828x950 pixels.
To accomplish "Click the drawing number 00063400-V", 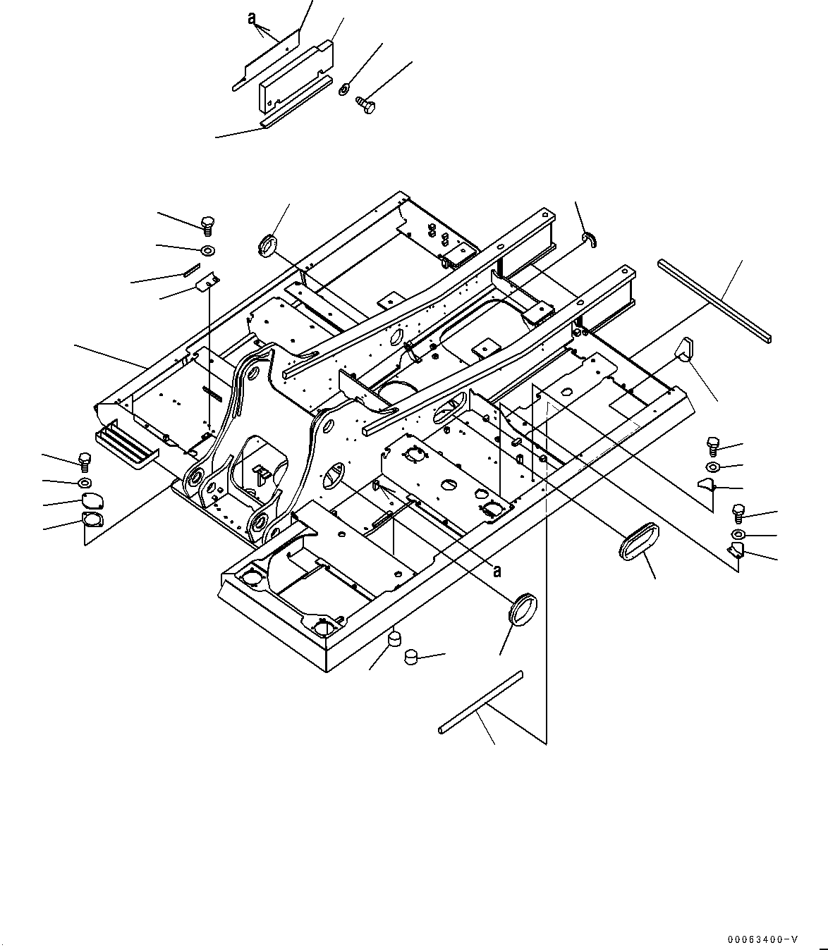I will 763,939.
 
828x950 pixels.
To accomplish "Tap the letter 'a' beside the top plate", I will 252,19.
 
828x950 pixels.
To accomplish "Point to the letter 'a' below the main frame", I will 497,571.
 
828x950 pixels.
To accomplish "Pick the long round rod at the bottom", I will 480,701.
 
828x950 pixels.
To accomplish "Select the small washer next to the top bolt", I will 344,90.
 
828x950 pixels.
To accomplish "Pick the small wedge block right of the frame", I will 686,349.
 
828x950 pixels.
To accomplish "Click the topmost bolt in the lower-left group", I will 85,461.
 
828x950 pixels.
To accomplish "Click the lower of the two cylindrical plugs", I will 410,657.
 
